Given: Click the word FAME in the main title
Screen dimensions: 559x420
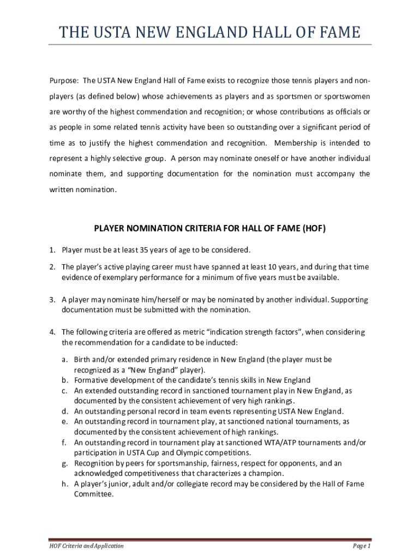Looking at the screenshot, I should point(335,33).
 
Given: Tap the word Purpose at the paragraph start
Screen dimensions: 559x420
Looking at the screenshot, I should point(64,81).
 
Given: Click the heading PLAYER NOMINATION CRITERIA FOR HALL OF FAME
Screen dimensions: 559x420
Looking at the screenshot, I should point(210,229).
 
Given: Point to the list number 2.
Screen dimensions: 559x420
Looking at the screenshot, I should point(52,267).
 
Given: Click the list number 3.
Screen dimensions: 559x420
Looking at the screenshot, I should point(52,300).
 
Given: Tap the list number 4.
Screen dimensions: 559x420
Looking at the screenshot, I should point(52,332).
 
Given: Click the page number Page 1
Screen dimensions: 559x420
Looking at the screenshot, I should point(362,546).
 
